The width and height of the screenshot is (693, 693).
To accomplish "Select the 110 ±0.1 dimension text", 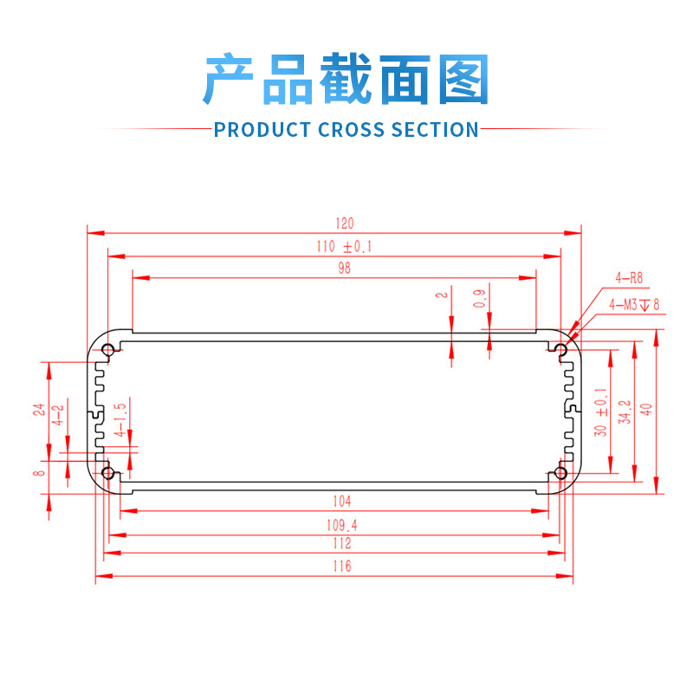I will point(344,247).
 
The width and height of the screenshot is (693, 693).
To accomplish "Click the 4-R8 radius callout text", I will point(629,278).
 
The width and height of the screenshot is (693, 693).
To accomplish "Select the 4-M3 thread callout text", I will point(634,304).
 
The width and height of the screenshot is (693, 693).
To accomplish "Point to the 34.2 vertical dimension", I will point(623,411).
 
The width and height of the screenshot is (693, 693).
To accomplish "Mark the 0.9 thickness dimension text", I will point(479,300).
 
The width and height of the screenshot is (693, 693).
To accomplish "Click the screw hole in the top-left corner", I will point(109,351).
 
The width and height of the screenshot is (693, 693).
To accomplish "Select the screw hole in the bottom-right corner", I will point(560,473).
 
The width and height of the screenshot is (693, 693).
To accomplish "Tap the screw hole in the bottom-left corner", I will point(109,473).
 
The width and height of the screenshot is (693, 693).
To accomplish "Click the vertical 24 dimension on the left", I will point(39,410).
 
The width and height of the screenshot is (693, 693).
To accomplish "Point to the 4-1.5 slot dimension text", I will point(120,418).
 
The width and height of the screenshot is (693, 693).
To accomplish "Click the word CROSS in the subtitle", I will point(351,130).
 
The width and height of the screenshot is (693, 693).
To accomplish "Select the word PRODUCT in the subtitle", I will point(262,130).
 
